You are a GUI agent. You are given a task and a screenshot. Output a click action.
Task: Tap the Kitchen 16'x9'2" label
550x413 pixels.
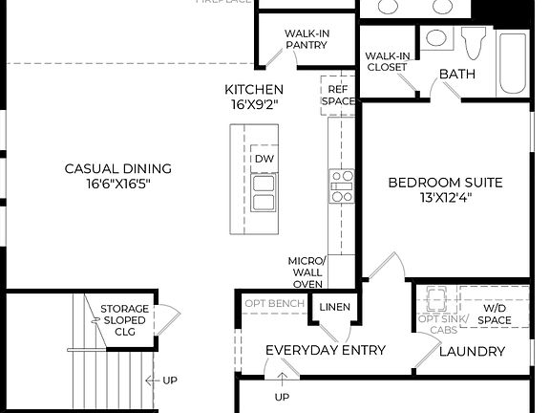click(x=254, y=97)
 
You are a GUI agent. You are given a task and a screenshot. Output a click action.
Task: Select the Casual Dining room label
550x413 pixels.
click(x=118, y=176)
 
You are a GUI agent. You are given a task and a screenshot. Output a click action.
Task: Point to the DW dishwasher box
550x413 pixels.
click(x=264, y=159)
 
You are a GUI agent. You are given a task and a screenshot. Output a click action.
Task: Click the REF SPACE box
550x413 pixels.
click(x=337, y=94)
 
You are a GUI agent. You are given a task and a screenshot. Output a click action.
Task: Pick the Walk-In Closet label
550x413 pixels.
click(x=386, y=61)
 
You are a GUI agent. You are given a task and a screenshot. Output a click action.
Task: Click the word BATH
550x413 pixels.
click(x=457, y=75)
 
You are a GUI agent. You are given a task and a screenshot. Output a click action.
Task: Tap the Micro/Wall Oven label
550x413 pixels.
click(x=307, y=272)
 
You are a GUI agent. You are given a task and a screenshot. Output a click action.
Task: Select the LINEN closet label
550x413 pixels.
click(x=334, y=307)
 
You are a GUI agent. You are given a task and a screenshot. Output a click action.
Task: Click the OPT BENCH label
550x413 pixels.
click(x=275, y=304)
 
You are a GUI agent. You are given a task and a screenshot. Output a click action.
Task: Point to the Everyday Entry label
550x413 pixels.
click(x=325, y=350)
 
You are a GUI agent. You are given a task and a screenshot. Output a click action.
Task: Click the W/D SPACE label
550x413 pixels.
click(x=495, y=314)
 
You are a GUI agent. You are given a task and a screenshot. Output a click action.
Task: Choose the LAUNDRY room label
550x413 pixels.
click(x=472, y=352)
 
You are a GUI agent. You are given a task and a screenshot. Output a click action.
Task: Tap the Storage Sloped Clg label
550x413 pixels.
click(x=125, y=320)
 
